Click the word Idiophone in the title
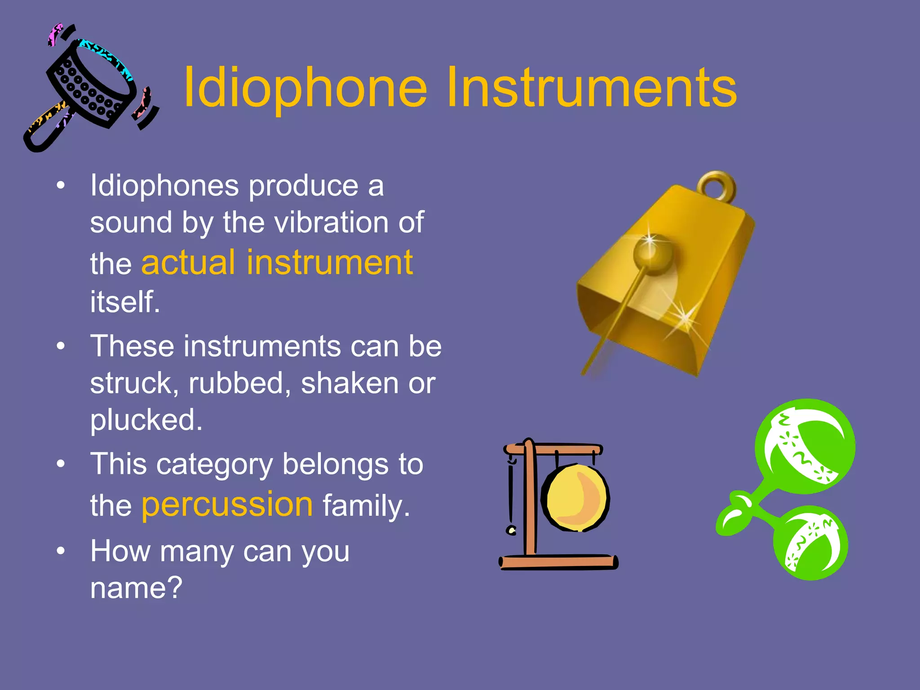click(x=305, y=88)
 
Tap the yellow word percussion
click(x=227, y=504)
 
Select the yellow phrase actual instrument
click(x=277, y=263)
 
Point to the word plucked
click(x=146, y=420)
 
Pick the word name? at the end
click(x=136, y=588)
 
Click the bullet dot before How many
click(x=61, y=551)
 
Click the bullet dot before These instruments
click(x=61, y=346)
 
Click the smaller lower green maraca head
click(x=811, y=544)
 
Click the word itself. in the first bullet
click(x=125, y=302)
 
